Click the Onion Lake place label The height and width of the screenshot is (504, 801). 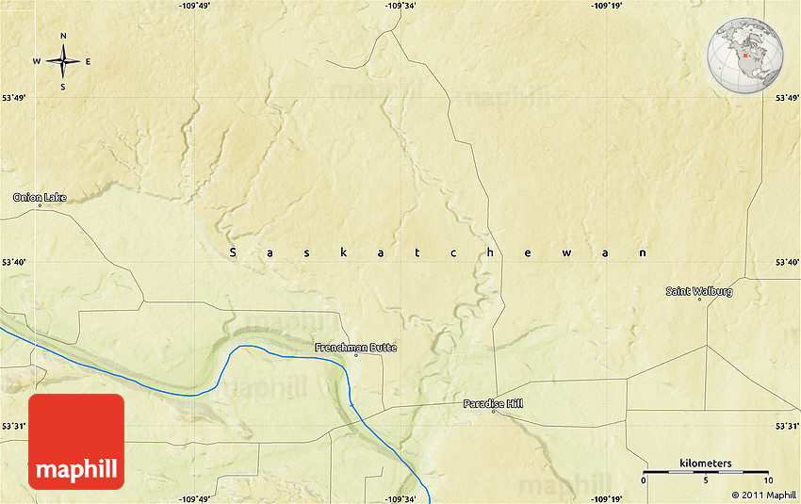pos(39,197)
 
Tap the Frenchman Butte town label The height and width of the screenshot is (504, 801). pos(355,348)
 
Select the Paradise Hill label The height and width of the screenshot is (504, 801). pos(493,403)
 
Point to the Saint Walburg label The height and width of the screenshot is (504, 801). pos(698,291)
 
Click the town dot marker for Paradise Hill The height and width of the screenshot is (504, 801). pos(493,412)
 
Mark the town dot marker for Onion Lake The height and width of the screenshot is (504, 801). pos(40,205)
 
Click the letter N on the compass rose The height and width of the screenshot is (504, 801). pos(63,37)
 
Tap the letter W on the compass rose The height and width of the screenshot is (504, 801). pos(37,62)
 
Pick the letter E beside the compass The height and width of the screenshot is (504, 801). pos(89,62)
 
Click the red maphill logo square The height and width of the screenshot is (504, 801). pos(76,441)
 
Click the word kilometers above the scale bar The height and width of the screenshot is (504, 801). pos(705,463)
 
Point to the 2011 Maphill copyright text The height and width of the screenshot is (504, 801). pos(763,495)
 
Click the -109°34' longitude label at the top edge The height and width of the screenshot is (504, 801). pos(400,6)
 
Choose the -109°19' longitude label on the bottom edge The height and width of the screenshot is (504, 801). pos(609,498)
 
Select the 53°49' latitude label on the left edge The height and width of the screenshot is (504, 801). pos(14,97)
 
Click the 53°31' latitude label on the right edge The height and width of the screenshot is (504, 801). pos(787,427)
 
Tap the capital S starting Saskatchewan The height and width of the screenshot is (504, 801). pos(233,252)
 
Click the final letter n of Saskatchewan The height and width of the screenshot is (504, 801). pos(644,252)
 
